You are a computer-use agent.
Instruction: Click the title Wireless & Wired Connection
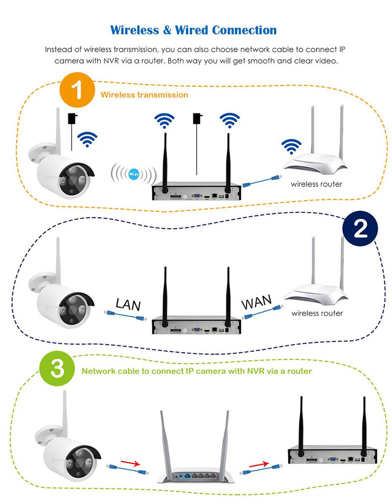coord(194,30)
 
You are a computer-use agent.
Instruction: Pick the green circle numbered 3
coord(57,370)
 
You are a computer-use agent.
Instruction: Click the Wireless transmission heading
coord(144,95)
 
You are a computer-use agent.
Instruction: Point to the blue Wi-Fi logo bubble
coord(133,174)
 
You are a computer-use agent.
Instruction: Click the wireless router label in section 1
coord(317,184)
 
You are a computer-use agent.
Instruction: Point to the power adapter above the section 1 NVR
coord(198,119)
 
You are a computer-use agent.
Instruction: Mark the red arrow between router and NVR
coord(259,462)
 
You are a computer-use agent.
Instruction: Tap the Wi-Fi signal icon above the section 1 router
coord(291,147)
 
